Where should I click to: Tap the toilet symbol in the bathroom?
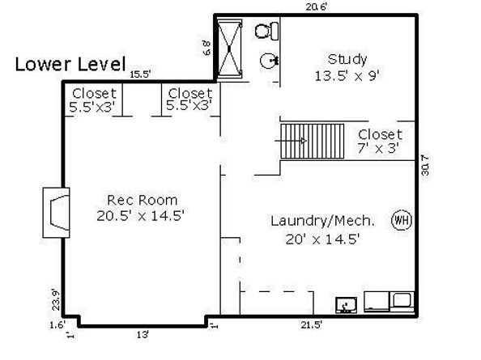(266, 32)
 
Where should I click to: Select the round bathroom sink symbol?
(269, 61)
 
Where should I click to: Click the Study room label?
(347, 59)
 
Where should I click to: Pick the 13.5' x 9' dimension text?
(347, 75)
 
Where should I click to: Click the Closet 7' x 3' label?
(380, 141)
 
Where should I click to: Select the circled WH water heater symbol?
(400, 219)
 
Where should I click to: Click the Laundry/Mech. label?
(322, 220)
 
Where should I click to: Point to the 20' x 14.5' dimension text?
(322, 239)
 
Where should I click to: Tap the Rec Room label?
(142, 199)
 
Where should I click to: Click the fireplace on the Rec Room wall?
(57, 212)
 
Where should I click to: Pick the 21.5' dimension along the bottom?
(312, 325)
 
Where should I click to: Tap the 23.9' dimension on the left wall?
(54, 299)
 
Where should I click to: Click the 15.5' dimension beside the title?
(141, 74)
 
